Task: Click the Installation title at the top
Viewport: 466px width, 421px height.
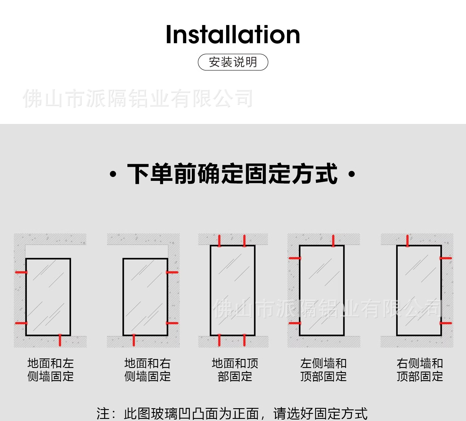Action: pyautogui.click(x=233, y=35)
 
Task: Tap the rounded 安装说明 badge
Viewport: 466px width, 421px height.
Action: pyautogui.click(x=233, y=62)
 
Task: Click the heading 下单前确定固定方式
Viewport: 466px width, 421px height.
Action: pyautogui.click(x=232, y=174)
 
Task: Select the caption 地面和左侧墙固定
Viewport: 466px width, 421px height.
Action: pyautogui.click(x=50, y=370)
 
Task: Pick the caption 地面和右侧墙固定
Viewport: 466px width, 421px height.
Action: pyautogui.click(x=147, y=370)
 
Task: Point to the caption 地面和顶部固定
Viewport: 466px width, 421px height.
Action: pyautogui.click(x=235, y=370)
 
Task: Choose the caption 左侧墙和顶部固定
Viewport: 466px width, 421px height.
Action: pyautogui.click(x=323, y=370)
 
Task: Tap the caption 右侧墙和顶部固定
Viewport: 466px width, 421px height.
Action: pyautogui.click(x=420, y=370)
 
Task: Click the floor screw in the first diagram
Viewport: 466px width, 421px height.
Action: pyautogui.click(x=60, y=340)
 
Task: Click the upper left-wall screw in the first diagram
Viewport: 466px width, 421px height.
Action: pyautogui.click(x=21, y=272)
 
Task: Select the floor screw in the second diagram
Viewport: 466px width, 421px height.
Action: pyautogui.click(x=134, y=340)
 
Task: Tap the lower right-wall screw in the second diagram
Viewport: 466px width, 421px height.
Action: pyautogui.click(x=172, y=323)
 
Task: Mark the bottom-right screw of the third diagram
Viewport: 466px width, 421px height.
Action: pyautogui.click(x=245, y=340)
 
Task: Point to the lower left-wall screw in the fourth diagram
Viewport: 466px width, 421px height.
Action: pyautogui.click(x=295, y=323)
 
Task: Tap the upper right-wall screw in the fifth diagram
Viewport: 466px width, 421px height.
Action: pyautogui.click(x=446, y=258)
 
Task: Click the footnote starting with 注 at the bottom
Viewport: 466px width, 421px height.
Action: pyautogui.click(x=232, y=414)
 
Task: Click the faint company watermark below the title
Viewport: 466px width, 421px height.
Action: pyautogui.click(x=138, y=99)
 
